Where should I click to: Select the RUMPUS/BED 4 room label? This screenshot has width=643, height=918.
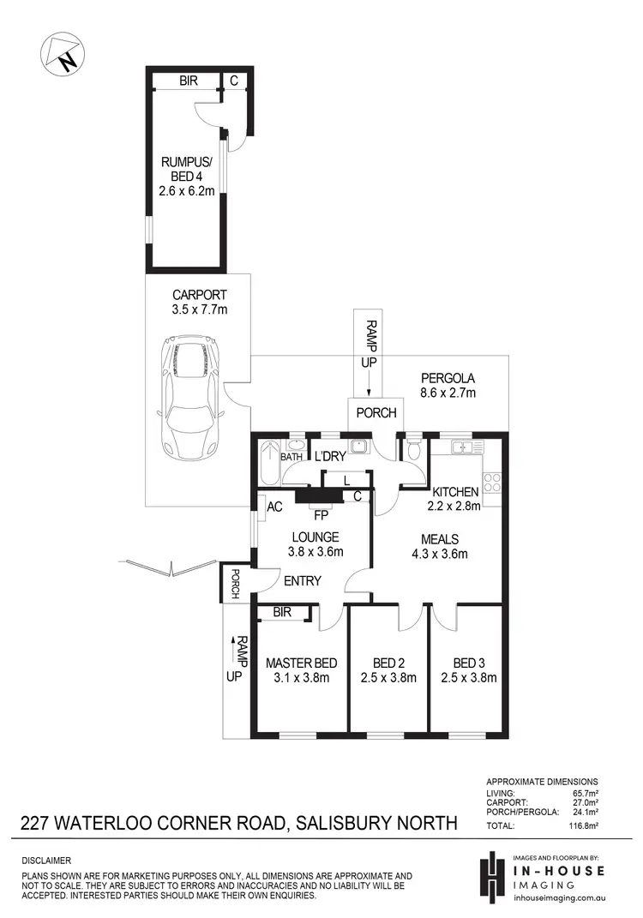pos(186,176)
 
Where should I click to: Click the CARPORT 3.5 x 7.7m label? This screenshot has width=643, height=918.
pos(199,302)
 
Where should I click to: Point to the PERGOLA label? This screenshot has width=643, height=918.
pos(447,385)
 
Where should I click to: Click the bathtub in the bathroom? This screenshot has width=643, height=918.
pos(267,463)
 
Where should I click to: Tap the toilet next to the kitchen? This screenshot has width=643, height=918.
pos(412,451)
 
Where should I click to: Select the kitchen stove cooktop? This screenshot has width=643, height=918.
pos(492,483)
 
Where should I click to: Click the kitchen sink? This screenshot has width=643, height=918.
pos(463,447)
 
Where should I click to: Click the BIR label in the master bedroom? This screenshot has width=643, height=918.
pos(279,612)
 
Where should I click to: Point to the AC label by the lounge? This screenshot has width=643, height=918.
pos(275,507)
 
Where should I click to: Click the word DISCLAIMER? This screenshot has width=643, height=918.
pos(47,860)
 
